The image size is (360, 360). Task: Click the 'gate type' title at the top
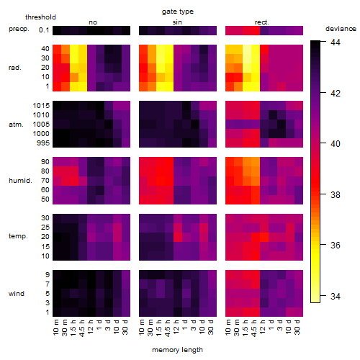coord(178,12)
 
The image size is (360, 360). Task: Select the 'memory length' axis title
coord(177,350)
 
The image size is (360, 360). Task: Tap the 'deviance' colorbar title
coord(341,29)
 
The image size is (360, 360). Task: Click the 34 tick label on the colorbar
coord(336,297)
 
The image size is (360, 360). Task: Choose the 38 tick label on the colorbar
coord(336,194)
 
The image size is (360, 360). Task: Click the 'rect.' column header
coord(262,22)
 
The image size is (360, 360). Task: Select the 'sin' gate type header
coord(177,22)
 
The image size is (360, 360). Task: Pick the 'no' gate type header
coord(93,22)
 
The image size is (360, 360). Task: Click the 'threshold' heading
coord(40,17)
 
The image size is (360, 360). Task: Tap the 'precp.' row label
coord(19,29)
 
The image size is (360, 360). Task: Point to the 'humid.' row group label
coord(20,181)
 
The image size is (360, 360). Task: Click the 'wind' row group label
coord(17,294)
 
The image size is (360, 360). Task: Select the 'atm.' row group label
coord(16,125)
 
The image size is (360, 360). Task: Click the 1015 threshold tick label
coord(41,106)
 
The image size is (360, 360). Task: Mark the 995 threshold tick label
coord(43,143)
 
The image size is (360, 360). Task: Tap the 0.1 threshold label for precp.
coord(44,30)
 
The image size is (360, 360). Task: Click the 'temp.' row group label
coord(18,236)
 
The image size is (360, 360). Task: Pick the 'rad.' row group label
coord(15,68)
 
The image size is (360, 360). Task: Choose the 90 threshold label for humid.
coord(45,162)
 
